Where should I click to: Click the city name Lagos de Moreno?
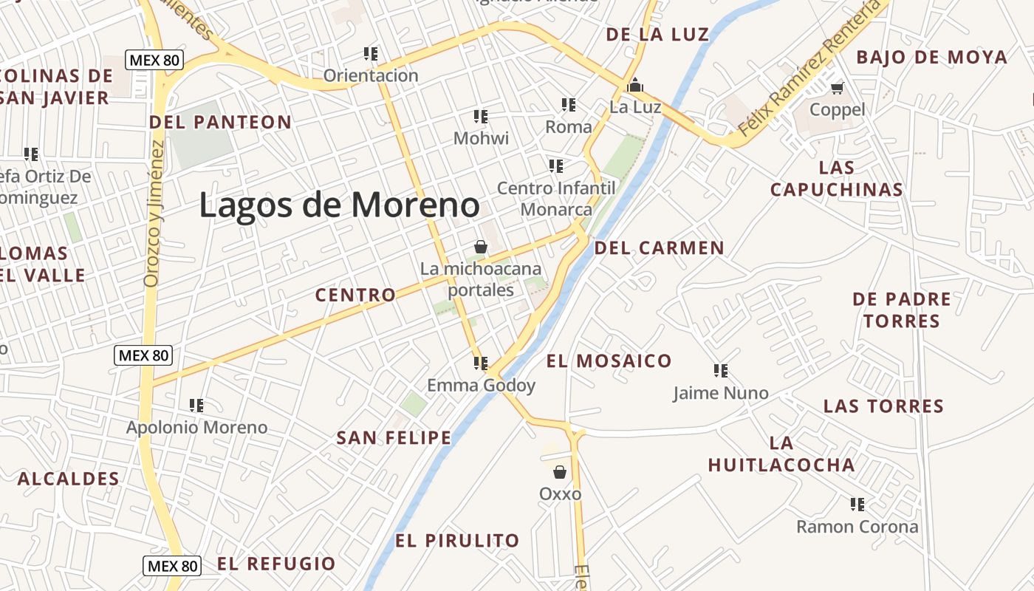point(339,205)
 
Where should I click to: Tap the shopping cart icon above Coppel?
point(837,89)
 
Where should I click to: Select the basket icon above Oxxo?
point(560,471)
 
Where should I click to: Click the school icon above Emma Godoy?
point(481,363)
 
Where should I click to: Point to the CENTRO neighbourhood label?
point(355,295)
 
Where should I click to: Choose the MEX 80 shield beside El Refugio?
point(172,566)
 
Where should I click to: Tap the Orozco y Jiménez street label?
point(153,213)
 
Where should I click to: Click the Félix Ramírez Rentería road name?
point(809,68)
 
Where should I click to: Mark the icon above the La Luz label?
point(634,86)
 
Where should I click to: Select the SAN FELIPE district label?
point(394,437)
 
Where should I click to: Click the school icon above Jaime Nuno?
point(721,370)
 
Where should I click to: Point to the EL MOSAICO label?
point(609,361)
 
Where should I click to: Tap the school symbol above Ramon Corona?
point(857,505)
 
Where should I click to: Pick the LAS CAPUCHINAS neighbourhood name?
point(837,179)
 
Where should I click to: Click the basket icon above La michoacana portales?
point(481,246)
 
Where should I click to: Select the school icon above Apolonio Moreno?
point(196,405)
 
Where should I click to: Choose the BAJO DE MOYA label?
point(931,57)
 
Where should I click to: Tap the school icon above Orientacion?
point(371,53)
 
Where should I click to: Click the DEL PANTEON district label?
point(220,122)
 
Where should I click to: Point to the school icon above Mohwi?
point(481,116)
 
